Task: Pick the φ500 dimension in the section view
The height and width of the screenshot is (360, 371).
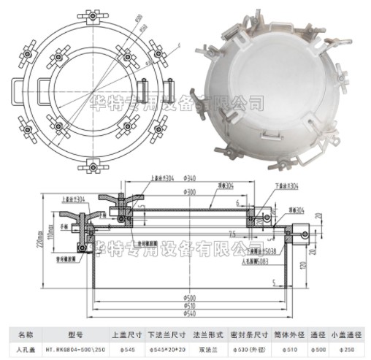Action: coord(189,298)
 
